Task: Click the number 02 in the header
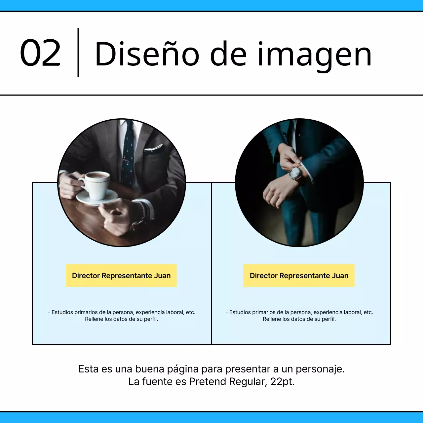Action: click(x=40, y=53)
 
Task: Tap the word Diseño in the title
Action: click(x=147, y=54)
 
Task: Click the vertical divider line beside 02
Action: click(x=78, y=53)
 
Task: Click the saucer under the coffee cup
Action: click(x=97, y=197)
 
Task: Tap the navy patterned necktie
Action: click(x=129, y=154)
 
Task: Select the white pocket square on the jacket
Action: click(x=154, y=148)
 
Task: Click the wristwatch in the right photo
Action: click(x=295, y=173)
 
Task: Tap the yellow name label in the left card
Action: click(x=121, y=275)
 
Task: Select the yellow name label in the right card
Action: click(x=299, y=275)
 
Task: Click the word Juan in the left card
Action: click(x=162, y=276)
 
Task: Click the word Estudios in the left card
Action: click(x=62, y=312)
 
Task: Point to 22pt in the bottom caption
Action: click(x=282, y=382)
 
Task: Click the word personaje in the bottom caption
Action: click(x=320, y=369)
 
